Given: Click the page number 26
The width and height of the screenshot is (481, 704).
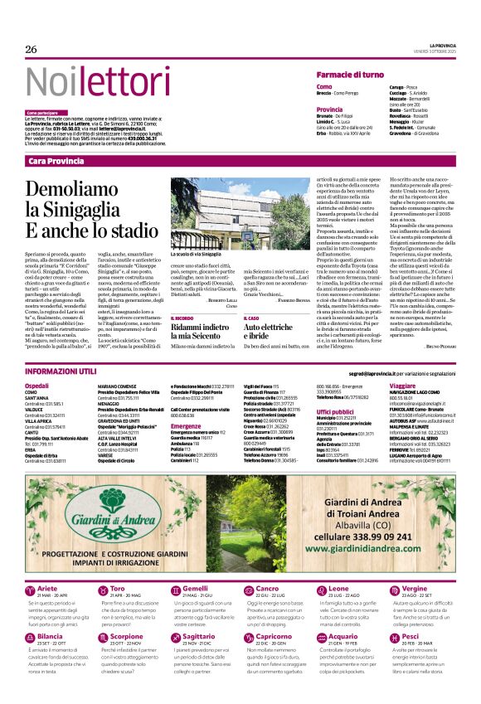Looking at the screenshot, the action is click(x=32, y=50).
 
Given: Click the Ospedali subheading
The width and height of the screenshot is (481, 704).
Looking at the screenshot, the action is click(x=36, y=386).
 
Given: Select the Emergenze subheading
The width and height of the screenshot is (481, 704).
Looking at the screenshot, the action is click(x=186, y=426).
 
